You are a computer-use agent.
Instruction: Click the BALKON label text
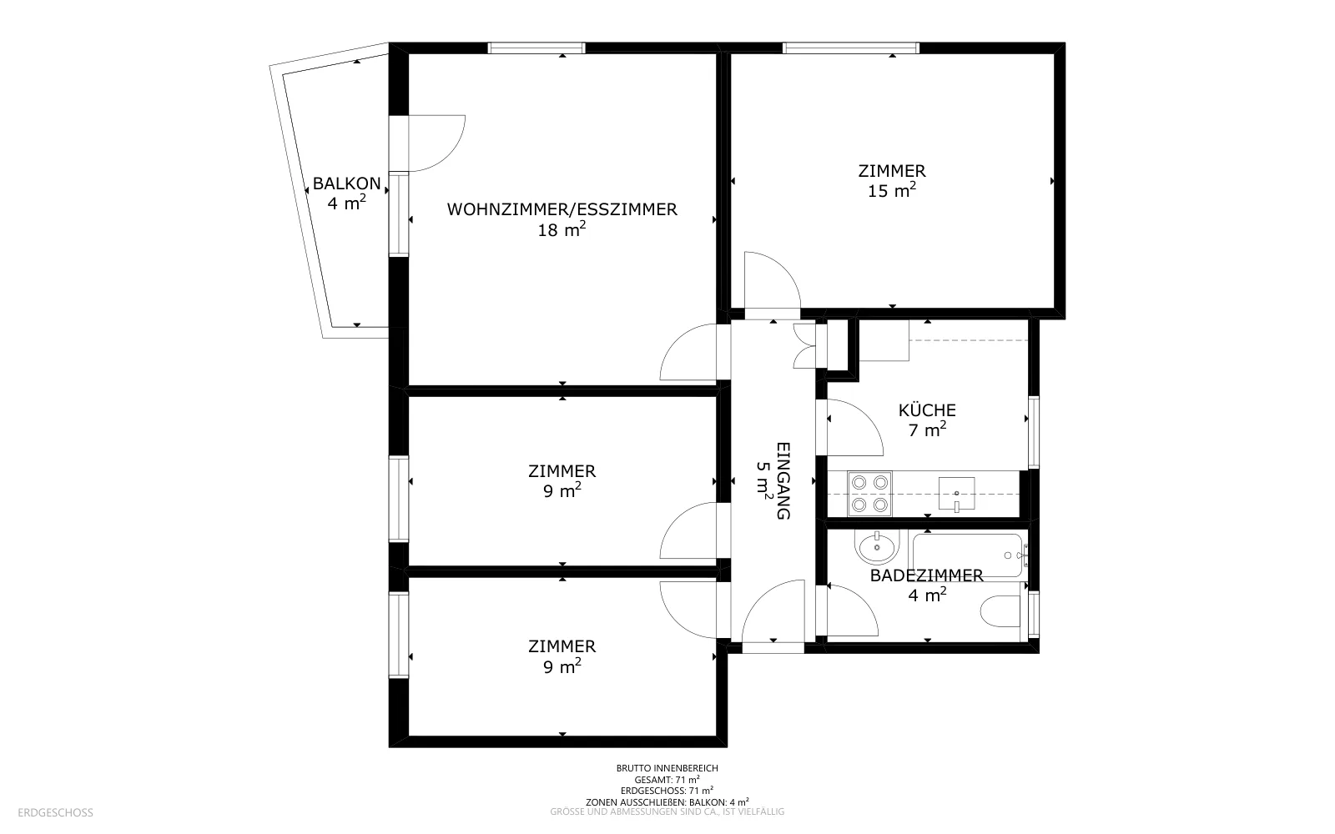coord(346,183)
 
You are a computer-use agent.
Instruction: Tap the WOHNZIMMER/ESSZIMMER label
coord(562,209)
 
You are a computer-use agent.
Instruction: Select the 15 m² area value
coord(892,191)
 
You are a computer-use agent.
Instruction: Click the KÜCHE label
coord(927,409)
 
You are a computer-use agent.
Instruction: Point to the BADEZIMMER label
coord(927,575)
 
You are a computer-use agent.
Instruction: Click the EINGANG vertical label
coord(783,480)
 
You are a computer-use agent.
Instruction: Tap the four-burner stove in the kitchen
coord(869,494)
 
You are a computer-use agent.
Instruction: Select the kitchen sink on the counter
coord(956,494)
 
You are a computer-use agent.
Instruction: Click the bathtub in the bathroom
coord(967,555)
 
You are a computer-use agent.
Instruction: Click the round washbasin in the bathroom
coord(877,547)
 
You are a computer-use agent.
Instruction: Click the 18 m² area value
coord(562,229)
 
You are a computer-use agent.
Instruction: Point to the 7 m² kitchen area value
coord(927,430)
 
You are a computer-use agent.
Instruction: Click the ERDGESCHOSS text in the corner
coord(55,812)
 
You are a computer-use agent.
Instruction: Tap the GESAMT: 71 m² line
coord(667,779)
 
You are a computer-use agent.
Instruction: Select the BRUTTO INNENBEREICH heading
coord(667,768)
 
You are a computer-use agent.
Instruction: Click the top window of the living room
coord(537,48)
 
